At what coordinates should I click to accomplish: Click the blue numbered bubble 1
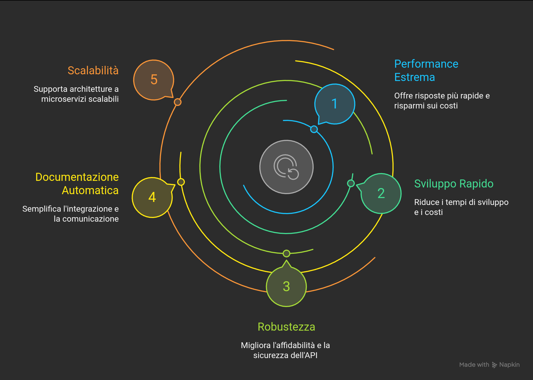pyautogui.click(x=335, y=104)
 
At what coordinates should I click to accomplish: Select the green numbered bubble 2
pyautogui.click(x=381, y=194)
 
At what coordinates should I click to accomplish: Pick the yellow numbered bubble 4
pyautogui.click(x=152, y=197)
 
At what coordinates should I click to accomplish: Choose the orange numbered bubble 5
pyautogui.click(x=154, y=80)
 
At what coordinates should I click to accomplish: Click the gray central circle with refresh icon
pyautogui.click(x=286, y=167)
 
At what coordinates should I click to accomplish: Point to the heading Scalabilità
pyautogui.click(x=93, y=70)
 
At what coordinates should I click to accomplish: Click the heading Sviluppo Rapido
pyautogui.click(x=454, y=184)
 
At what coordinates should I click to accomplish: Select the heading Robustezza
pyautogui.click(x=286, y=327)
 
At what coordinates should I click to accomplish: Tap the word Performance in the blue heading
pyautogui.click(x=426, y=64)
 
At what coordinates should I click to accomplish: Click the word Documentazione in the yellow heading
pyautogui.click(x=77, y=177)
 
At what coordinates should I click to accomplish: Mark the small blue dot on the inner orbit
pyautogui.click(x=314, y=129)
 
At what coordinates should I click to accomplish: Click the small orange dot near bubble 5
pyautogui.click(x=178, y=102)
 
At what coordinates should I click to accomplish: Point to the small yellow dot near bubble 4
pyautogui.click(x=181, y=182)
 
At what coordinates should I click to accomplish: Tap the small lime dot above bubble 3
pyautogui.click(x=286, y=254)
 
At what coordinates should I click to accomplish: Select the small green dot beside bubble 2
pyautogui.click(x=351, y=183)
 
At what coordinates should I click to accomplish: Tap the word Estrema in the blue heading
pyautogui.click(x=414, y=77)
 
